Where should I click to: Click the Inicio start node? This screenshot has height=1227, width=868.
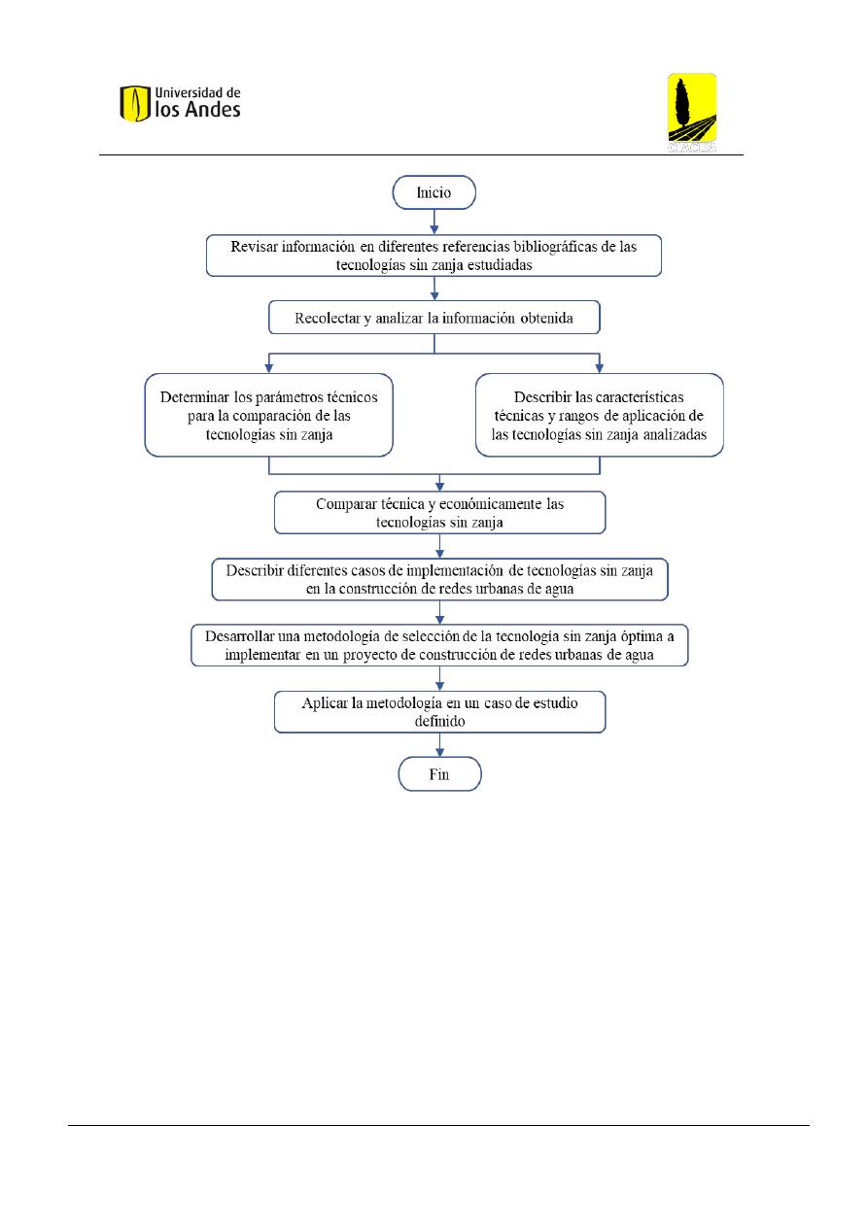[x=434, y=192]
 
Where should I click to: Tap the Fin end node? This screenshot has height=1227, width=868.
[x=439, y=774]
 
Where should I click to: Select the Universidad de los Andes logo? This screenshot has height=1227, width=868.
[x=180, y=103]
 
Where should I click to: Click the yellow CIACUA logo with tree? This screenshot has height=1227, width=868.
[x=691, y=113]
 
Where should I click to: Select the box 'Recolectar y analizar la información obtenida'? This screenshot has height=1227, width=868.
[x=434, y=317]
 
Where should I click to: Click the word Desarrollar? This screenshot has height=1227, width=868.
[x=239, y=636]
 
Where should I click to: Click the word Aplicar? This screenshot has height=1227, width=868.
[x=325, y=703]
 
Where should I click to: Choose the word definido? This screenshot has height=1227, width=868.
[x=439, y=721]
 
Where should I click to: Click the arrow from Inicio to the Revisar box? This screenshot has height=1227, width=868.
[x=434, y=222]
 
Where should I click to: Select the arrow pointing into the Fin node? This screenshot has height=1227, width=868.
[x=439, y=745]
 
